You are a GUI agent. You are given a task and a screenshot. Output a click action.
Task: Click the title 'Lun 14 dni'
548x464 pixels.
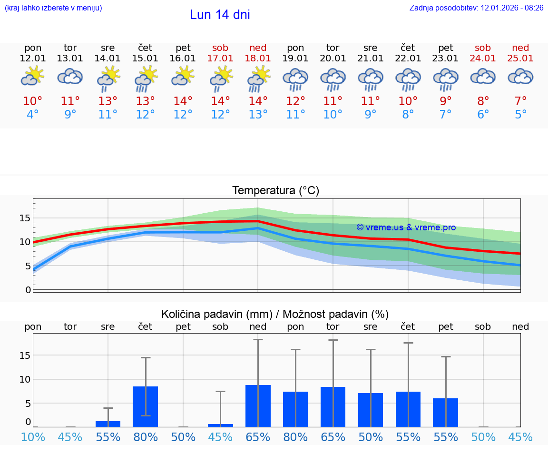click(220, 15)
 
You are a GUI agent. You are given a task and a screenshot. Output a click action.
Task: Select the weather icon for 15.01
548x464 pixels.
click(146, 78)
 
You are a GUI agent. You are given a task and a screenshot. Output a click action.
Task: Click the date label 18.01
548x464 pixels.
click(258, 58)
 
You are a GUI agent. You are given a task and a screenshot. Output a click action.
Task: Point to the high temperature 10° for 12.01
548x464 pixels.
click(33, 101)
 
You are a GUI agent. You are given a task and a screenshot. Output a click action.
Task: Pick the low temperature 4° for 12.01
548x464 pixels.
click(33, 115)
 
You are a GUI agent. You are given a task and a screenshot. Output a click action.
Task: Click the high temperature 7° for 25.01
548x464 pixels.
click(520, 101)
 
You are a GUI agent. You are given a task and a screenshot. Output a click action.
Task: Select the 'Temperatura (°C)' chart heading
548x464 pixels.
click(275, 190)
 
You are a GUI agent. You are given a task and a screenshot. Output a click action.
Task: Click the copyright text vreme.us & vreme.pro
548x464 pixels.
click(406, 227)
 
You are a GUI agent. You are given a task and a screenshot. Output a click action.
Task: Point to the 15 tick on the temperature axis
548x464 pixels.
click(25, 218)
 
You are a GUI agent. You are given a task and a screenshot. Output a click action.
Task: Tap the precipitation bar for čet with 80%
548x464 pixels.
click(146, 406)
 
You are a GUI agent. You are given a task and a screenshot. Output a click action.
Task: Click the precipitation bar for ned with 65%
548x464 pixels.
click(258, 405)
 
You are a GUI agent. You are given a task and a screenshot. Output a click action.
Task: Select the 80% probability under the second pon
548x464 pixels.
click(295, 437)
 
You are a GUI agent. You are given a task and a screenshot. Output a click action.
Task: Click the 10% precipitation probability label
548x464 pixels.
click(33, 437)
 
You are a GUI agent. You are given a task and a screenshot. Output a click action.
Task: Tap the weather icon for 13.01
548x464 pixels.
click(70, 76)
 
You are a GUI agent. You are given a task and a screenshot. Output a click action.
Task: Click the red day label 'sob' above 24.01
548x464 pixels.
click(483, 48)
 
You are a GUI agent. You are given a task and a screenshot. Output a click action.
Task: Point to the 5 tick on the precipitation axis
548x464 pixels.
click(28, 403)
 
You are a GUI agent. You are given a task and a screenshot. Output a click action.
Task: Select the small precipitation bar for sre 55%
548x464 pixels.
click(108, 424)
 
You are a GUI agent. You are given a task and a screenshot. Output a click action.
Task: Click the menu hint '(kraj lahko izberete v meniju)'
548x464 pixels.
click(53, 8)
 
